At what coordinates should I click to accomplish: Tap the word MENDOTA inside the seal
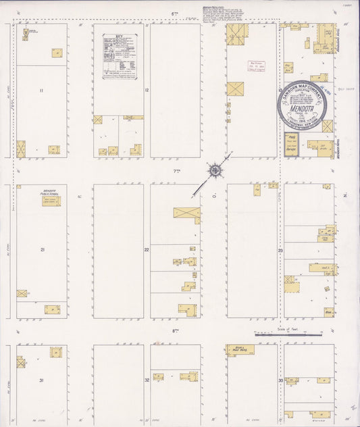(x=301, y=107)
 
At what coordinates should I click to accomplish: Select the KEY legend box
(x=119, y=57)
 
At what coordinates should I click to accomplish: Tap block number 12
(x=146, y=90)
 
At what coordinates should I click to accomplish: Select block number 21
(x=42, y=250)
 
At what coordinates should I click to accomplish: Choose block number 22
(x=146, y=250)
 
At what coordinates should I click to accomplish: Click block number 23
(x=280, y=250)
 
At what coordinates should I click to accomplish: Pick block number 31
(x=41, y=380)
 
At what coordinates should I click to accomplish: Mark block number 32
(x=147, y=380)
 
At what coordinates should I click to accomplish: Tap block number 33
(x=280, y=380)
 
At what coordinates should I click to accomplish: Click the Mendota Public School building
(x=51, y=201)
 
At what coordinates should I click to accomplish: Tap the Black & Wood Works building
(x=239, y=350)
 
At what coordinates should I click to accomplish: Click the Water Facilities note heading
(x=211, y=8)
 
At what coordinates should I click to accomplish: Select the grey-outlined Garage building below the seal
(x=292, y=149)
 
